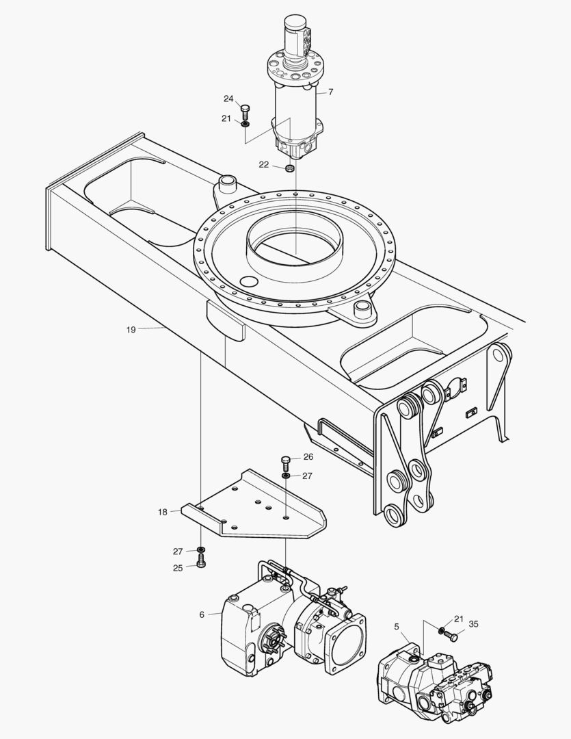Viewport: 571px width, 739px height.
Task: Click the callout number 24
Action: point(228,99)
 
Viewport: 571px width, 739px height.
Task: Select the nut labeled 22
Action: point(289,168)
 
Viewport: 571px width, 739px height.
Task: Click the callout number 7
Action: point(330,92)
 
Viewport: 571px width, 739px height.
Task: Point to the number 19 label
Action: point(131,329)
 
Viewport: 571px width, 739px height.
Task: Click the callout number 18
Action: point(162,512)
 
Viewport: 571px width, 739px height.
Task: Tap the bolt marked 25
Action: point(201,562)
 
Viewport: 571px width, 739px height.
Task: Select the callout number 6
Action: point(202,614)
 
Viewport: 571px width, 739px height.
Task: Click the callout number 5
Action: point(397,625)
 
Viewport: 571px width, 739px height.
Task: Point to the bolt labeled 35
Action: point(453,636)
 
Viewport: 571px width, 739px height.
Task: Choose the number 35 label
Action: point(473,623)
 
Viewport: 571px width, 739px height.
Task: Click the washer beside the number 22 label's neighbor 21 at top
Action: point(245,123)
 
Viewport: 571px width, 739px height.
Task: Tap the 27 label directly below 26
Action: point(307,476)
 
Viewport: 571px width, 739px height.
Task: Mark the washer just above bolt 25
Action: point(201,549)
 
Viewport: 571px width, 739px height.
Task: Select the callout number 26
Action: point(308,456)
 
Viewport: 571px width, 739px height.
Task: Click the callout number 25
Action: point(178,568)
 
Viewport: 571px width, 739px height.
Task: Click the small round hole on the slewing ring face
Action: point(250,282)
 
